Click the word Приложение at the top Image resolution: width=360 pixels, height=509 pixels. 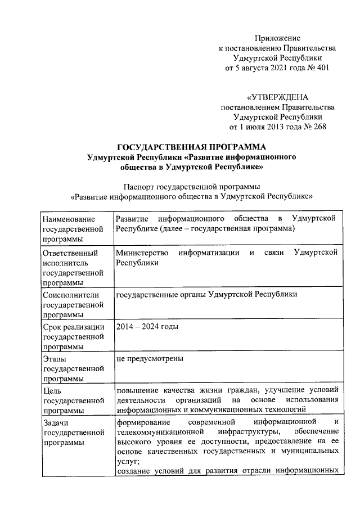click(x=278, y=38)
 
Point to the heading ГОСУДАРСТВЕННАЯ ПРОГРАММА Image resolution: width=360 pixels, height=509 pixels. click(x=180, y=148)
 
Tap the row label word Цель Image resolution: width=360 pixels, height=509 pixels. click(x=52, y=390)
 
